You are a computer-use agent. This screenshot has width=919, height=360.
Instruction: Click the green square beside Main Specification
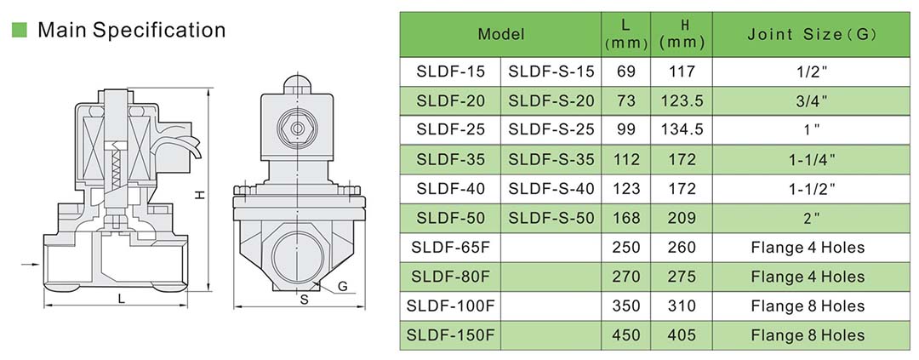tap(20, 30)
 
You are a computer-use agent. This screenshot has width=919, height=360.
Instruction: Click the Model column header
tap(500, 34)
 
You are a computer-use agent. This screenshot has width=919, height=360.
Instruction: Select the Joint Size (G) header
tap(812, 35)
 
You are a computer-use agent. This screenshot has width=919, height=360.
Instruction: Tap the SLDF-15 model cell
tap(451, 71)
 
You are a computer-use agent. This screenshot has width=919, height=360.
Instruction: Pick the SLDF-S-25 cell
tap(551, 129)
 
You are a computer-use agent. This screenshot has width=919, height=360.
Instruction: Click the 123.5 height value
tap(682, 100)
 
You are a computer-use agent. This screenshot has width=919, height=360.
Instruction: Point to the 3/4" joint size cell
tap(812, 100)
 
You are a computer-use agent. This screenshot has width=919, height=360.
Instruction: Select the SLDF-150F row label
tap(451, 335)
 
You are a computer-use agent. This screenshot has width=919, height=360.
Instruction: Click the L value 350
tap(626, 306)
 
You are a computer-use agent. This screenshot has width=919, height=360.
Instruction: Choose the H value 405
tap(682, 335)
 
